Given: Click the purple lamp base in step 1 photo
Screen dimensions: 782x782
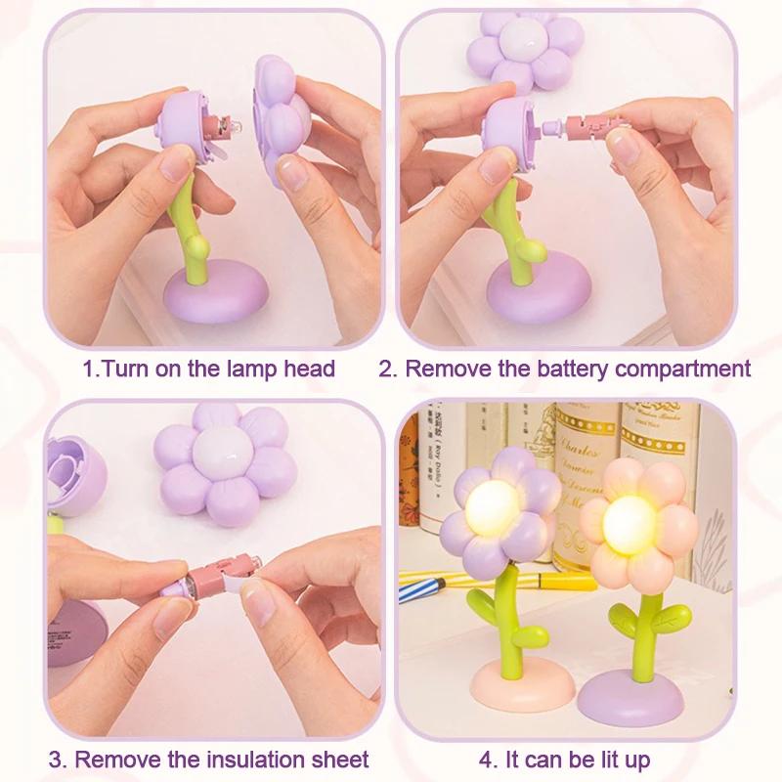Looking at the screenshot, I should tap(215, 293).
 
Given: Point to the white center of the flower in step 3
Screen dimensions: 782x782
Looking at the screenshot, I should tap(221, 452).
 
